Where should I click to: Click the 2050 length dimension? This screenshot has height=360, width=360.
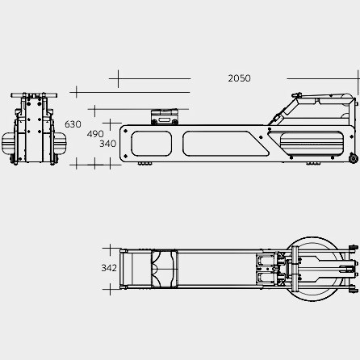tap(239, 78)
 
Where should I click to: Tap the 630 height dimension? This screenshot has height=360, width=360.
tap(73, 124)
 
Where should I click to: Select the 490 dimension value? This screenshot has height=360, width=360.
tap(95, 134)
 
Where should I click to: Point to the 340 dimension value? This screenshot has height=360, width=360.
tap(108, 144)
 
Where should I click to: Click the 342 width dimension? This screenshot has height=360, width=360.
tap(109, 268)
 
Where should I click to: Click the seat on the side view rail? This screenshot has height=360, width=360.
tap(165, 117)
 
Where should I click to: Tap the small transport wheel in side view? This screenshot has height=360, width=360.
tap(354, 158)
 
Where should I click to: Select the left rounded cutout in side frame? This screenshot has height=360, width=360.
tap(151, 144)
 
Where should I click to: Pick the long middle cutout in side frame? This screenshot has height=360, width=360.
tap(225, 144)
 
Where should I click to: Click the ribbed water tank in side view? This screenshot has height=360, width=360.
tap(312, 144)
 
